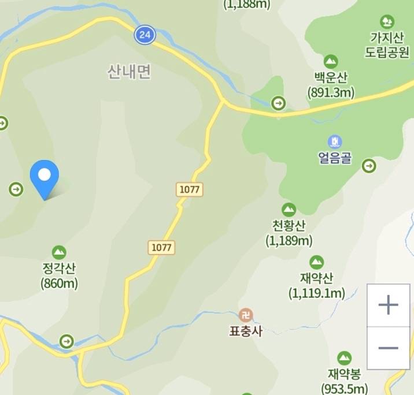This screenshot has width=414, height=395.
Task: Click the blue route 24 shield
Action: tap(145, 35)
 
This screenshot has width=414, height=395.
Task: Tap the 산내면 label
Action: tap(129, 72)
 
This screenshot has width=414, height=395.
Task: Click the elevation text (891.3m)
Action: tap(331, 92)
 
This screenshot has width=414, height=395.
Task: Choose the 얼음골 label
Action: tap(335, 158)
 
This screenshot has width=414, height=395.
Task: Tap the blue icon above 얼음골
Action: tap(335, 141)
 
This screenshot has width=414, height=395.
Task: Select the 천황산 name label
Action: tap(289, 226)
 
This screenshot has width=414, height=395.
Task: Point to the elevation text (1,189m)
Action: tap(289, 240)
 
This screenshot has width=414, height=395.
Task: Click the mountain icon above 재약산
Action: tap(316, 263)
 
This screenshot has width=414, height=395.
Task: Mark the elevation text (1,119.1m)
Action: tap(316, 293)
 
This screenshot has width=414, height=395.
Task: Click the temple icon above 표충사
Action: tap(246, 315)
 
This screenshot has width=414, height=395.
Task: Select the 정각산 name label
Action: tap(59, 269)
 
